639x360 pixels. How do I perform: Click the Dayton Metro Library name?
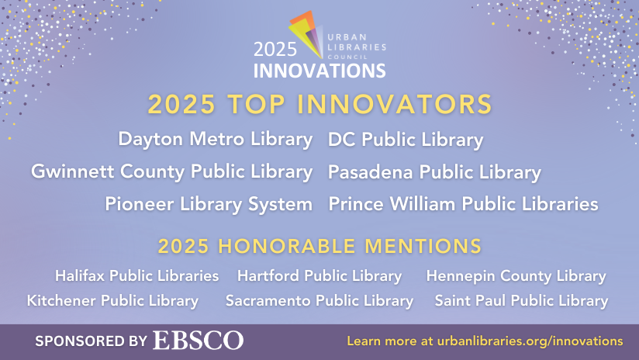pyautogui.click(x=215, y=140)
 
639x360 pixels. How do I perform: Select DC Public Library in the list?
pyautogui.click(x=406, y=140)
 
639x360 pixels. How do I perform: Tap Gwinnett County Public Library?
pyautogui.click(x=171, y=171)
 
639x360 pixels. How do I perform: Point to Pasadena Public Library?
pyautogui.click(x=434, y=171)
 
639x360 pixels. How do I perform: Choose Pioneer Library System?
pyautogui.click(x=209, y=204)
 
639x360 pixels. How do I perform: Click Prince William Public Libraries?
pyautogui.click(x=463, y=204)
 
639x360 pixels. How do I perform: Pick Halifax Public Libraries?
pyautogui.click(x=136, y=275)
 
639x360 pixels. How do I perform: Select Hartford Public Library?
pyautogui.click(x=319, y=275)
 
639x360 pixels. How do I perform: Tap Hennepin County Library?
pyautogui.click(x=516, y=275)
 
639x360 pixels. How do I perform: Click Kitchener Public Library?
pyautogui.click(x=112, y=300)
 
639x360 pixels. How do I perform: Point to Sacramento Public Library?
pyautogui.click(x=319, y=300)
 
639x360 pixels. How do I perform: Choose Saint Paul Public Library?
pyautogui.click(x=521, y=300)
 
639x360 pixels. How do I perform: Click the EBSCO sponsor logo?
pyautogui.click(x=198, y=341)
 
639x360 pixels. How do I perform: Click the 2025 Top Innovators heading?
pyautogui.click(x=319, y=104)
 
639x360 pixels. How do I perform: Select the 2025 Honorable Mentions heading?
pyautogui.click(x=319, y=247)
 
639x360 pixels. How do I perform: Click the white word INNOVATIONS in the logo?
pyautogui.click(x=319, y=71)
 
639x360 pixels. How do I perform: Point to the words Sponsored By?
pyautogui.click(x=91, y=341)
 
